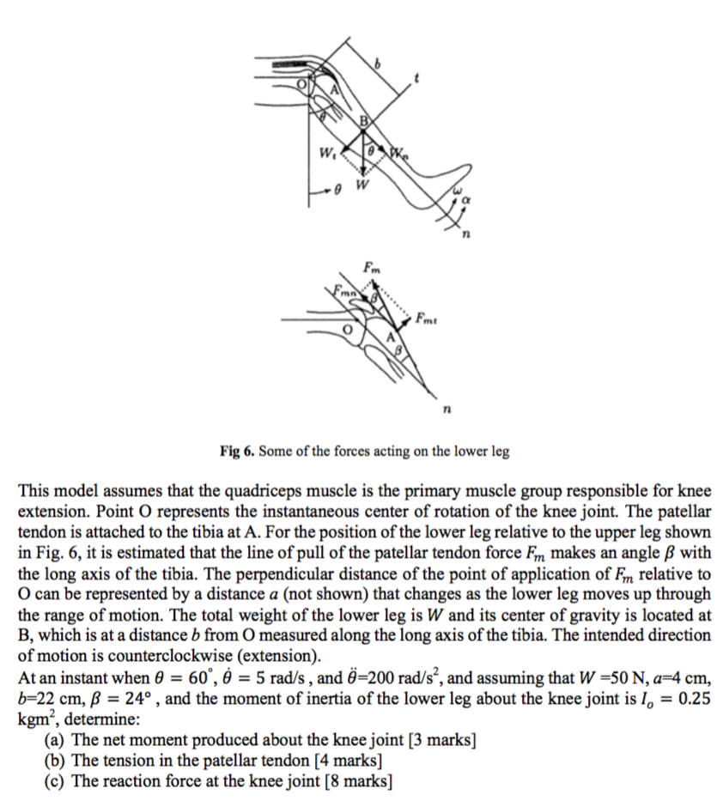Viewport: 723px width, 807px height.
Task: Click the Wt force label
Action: click(x=325, y=155)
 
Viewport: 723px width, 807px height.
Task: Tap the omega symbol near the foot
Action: click(x=457, y=191)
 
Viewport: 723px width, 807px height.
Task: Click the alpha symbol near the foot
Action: click(x=467, y=201)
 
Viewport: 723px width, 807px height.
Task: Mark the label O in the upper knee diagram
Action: click(x=301, y=85)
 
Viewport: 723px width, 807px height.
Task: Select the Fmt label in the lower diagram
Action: click(x=427, y=323)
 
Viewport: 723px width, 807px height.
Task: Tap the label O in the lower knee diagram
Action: click(x=348, y=328)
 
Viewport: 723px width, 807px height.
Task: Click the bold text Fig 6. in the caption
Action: click(x=236, y=451)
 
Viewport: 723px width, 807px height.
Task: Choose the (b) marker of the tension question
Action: click(x=55, y=761)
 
